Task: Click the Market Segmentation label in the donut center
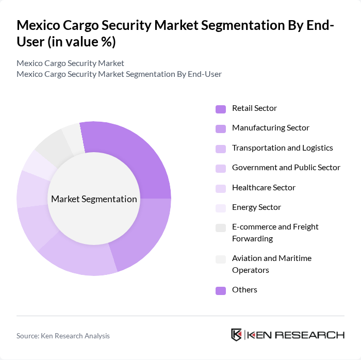click(94, 199)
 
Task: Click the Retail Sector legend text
click(254, 108)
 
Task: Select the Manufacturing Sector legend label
click(270, 128)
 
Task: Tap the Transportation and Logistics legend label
click(282, 148)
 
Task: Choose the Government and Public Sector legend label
click(286, 168)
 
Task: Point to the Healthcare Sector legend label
click(264, 187)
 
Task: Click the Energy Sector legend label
click(256, 207)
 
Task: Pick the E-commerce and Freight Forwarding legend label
click(275, 233)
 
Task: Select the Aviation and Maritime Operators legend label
click(271, 264)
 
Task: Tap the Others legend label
click(244, 290)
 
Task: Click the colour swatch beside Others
click(220, 290)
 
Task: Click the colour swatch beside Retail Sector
click(220, 109)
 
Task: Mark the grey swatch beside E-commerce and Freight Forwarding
click(220, 227)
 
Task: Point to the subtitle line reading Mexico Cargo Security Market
click(70, 63)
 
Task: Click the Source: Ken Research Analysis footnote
click(63, 336)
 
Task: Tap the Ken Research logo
click(288, 335)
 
